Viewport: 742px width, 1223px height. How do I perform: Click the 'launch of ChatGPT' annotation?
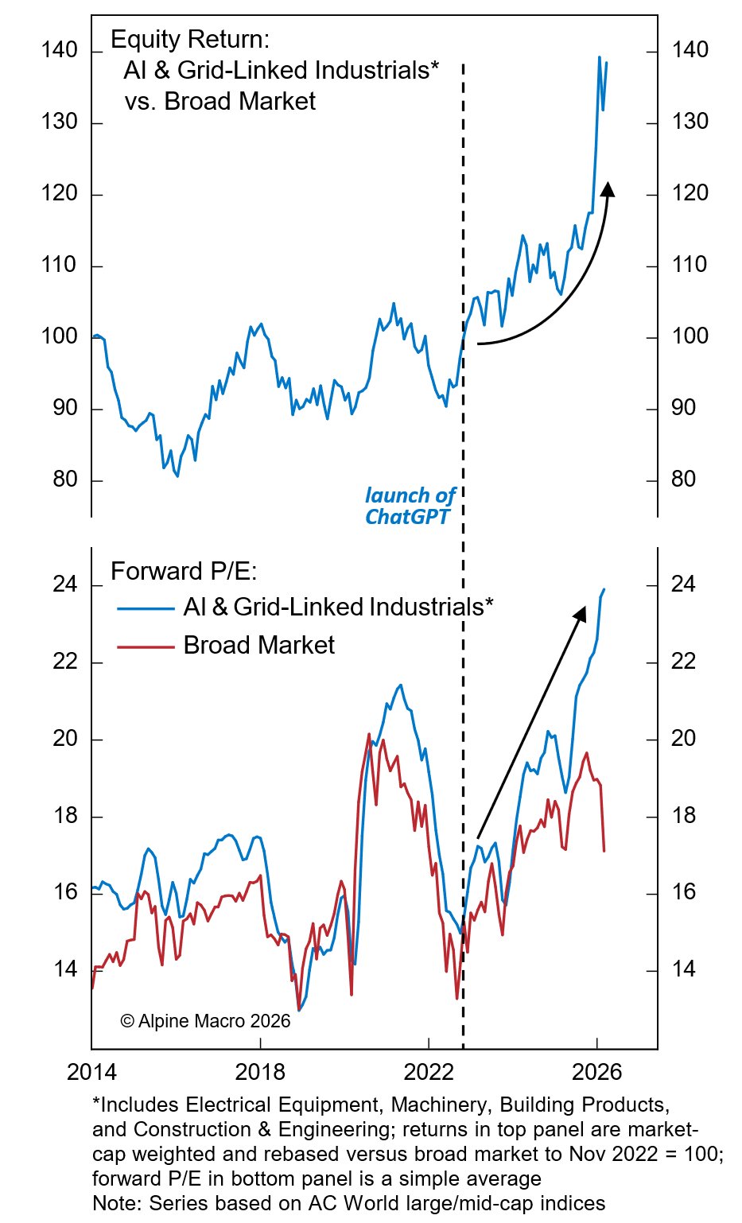click(409, 506)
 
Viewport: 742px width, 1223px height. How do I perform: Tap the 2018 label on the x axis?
click(260, 1072)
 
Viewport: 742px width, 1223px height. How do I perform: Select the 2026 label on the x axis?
click(597, 1072)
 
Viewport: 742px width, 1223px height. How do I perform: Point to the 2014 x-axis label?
click(91, 1072)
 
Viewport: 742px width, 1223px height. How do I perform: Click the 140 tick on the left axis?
click(60, 51)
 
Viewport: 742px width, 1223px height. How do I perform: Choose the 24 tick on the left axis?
click(64, 584)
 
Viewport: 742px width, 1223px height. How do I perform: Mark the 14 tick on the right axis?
click(683, 969)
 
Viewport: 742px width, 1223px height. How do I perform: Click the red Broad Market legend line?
click(146, 646)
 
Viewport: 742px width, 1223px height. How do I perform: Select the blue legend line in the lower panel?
click(146, 609)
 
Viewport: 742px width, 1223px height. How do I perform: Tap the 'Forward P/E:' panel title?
click(184, 572)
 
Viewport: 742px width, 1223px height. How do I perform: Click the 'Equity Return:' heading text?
click(190, 40)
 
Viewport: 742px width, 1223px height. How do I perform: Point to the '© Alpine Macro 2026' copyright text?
click(205, 1021)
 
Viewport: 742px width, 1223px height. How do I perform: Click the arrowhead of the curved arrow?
click(608, 188)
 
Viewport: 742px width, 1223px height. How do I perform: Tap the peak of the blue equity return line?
click(599, 57)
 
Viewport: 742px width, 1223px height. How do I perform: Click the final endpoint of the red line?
click(604, 851)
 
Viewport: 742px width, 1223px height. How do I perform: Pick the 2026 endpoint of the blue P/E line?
click(604, 589)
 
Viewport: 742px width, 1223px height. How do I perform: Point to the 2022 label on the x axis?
click(429, 1072)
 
